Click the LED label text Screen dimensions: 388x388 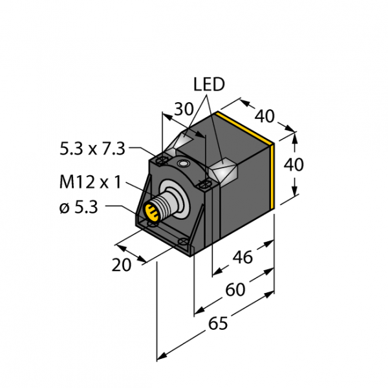click(209, 84)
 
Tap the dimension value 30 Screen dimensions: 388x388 click(184, 109)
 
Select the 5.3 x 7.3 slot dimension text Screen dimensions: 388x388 click(92, 149)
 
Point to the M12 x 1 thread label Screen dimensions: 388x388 click(91, 182)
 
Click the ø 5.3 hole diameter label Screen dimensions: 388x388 click(79, 208)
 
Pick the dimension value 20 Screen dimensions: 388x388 click(122, 265)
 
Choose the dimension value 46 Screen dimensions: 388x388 click(242, 257)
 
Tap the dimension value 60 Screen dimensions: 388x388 click(235, 290)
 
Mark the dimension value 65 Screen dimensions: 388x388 click(218, 323)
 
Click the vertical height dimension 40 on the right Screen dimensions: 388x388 click(294, 165)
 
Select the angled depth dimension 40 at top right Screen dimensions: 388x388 click(264, 116)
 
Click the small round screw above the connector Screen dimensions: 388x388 click(184, 164)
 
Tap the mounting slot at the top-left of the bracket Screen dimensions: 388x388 click(162, 161)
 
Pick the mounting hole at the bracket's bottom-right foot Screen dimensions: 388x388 click(184, 241)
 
